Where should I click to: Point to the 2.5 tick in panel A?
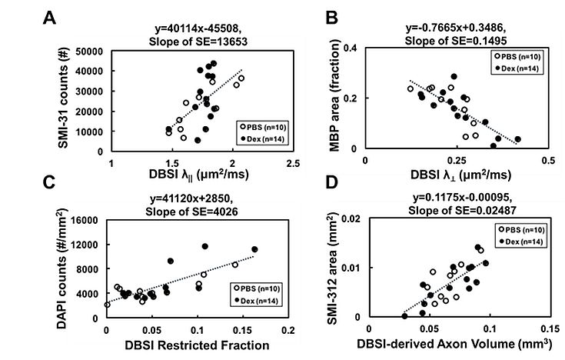pyautogui.click(x=293, y=163)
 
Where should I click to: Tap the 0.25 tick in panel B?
pyautogui.click(x=456, y=163)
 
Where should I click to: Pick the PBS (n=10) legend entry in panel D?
pyautogui.click(x=520, y=229)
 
